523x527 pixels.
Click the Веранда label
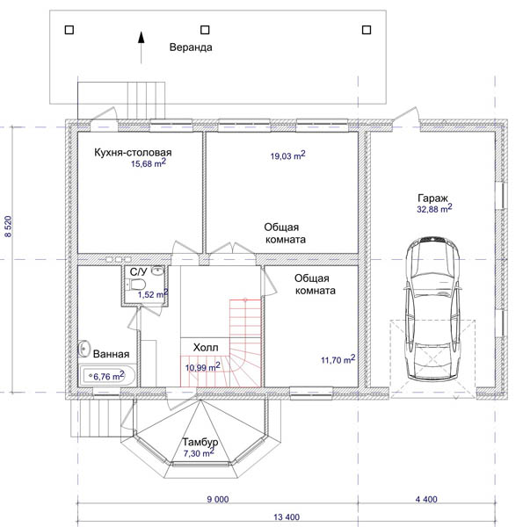coord(191,47)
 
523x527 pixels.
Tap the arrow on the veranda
coord(142,47)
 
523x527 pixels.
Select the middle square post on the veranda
coord(205,30)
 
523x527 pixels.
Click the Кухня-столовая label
coord(133,152)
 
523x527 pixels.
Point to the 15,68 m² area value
coord(149,163)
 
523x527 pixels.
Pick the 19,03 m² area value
coord(288,155)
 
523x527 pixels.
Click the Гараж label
coord(432,198)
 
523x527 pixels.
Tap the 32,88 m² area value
coord(434,208)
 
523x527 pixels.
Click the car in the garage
coord(432,308)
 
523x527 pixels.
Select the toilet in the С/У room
coord(136,285)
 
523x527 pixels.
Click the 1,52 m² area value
coord(153,294)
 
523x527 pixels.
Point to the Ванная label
coord(111,354)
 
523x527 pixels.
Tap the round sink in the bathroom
coord(84,349)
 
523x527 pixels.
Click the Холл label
coord(206,347)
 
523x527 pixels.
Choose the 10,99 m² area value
coord(203,367)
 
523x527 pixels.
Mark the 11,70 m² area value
coord(338,359)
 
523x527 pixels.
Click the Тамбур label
coord(200,442)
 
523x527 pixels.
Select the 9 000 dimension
coord(218,500)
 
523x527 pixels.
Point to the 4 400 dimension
coord(426,500)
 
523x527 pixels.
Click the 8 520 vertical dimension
coord(8,227)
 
